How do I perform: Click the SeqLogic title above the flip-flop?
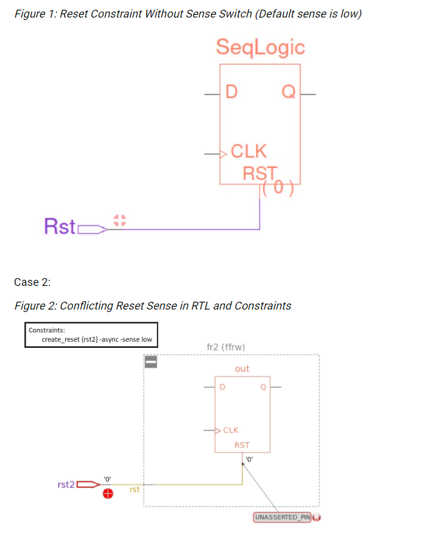pyautogui.click(x=260, y=47)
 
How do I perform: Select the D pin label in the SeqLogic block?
pyautogui.click(x=231, y=93)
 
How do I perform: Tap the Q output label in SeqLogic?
pyautogui.click(x=289, y=93)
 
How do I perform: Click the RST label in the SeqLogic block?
pyautogui.click(x=260, y=173)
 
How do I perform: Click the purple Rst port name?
pyautogui.click(x=60, y=226)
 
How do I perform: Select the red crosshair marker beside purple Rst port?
pyautogui.click(x=119, y=220)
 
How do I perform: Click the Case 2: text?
pyautogui.click(x=32, y=282)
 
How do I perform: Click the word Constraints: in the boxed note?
pyautogui.click(x=46, y=330)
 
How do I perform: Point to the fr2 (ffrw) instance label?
pyautogui.click(x=226, y=347)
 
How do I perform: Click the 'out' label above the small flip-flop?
pyautogui.click(x=242, y=368)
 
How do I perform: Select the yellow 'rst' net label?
pyautogui.click(x=135, y=489)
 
